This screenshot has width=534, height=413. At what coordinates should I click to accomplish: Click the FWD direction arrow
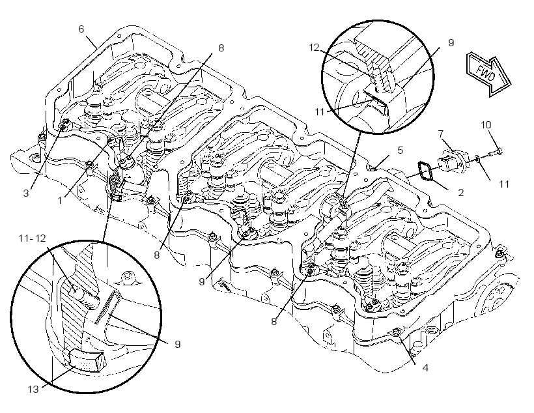click(488, 74)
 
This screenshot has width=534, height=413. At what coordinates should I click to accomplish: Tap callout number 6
click(81, 29)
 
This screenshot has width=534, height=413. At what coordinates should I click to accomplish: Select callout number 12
click(314, 48)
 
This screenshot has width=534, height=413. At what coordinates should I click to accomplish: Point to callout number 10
click(486, 125)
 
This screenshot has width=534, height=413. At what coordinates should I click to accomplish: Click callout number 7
click(441, 134)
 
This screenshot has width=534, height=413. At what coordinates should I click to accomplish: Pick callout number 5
click(400, 150)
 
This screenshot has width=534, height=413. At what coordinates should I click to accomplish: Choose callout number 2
click(461, 193)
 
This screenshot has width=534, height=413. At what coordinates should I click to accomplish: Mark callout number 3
click(26, 193)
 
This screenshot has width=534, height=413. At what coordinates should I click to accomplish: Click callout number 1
click(60, 201)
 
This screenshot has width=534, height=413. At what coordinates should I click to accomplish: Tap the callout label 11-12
click(32, 238)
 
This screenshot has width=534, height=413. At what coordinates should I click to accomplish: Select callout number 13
click(33, 389)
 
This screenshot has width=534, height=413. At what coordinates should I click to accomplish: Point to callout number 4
click(425, 368)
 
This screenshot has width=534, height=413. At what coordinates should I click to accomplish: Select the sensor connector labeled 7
click(451, 162)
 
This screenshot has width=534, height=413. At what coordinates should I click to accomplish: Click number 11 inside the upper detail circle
click(319, 112)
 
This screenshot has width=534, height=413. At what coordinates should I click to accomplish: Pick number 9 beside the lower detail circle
click(177, 344)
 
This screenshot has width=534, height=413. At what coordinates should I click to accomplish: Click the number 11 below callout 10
click(504, 184)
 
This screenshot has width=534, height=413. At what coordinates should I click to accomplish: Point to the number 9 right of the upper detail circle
click(451, 43)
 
